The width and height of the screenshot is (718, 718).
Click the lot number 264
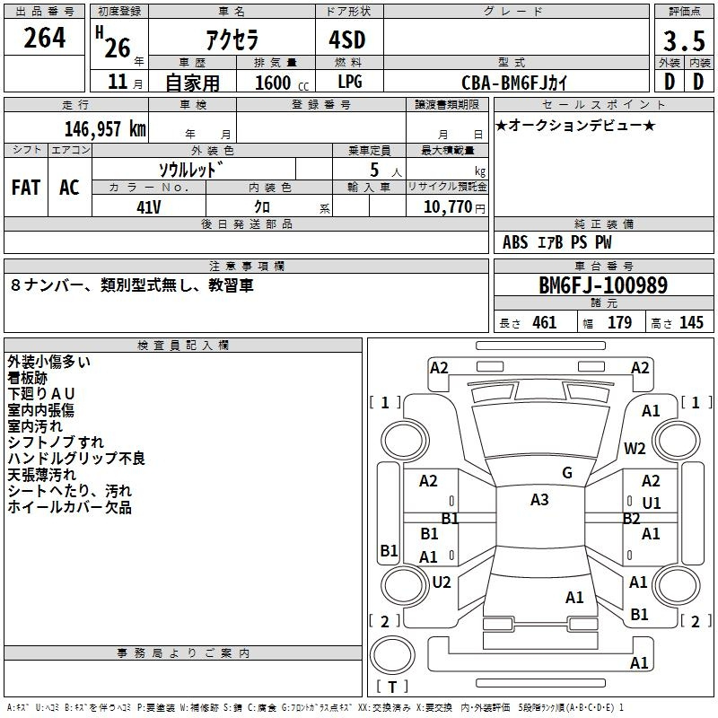coord(44,38)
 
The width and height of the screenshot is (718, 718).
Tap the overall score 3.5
coord(684,40)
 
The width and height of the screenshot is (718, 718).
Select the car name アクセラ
coord(232,39)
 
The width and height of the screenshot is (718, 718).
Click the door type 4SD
coord(347,39)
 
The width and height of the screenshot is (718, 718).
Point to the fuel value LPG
coord(350,82)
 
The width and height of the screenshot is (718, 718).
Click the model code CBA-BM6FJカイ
coord(514,83)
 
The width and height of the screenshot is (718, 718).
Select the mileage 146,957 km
coord(105,128)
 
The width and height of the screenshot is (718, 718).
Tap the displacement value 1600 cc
coord(282,83)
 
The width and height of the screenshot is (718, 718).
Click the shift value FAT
coord(26,188)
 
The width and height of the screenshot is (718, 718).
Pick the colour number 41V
coord(149,207)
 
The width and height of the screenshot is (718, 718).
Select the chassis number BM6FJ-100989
coord(603,285)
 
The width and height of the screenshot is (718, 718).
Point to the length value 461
coord(545,322)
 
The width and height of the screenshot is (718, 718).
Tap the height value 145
coord(691,322)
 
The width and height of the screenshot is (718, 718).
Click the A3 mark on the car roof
coord(539,500)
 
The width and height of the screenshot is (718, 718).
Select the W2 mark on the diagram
coord(635,448)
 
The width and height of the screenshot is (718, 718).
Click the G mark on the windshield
coord(567,473)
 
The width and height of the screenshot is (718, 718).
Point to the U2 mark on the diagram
coord(442,582)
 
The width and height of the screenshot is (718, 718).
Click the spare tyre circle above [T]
coord(392,655)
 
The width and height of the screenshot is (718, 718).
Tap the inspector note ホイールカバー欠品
coord(70,507)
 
